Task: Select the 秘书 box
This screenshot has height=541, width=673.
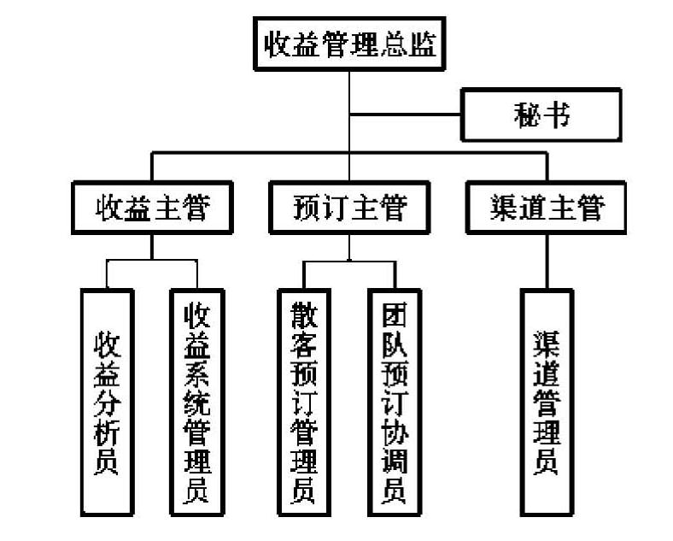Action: click(x=541, y=114)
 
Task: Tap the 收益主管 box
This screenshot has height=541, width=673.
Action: click(x=152, y=208)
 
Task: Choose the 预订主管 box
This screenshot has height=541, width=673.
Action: click(x=349, y=208)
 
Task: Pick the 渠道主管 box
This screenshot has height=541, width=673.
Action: click(x=547, y=208)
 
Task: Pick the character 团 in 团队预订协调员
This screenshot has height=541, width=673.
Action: click(x=395, y=315)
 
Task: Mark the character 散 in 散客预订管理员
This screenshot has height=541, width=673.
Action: click(x=304, y=315)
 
